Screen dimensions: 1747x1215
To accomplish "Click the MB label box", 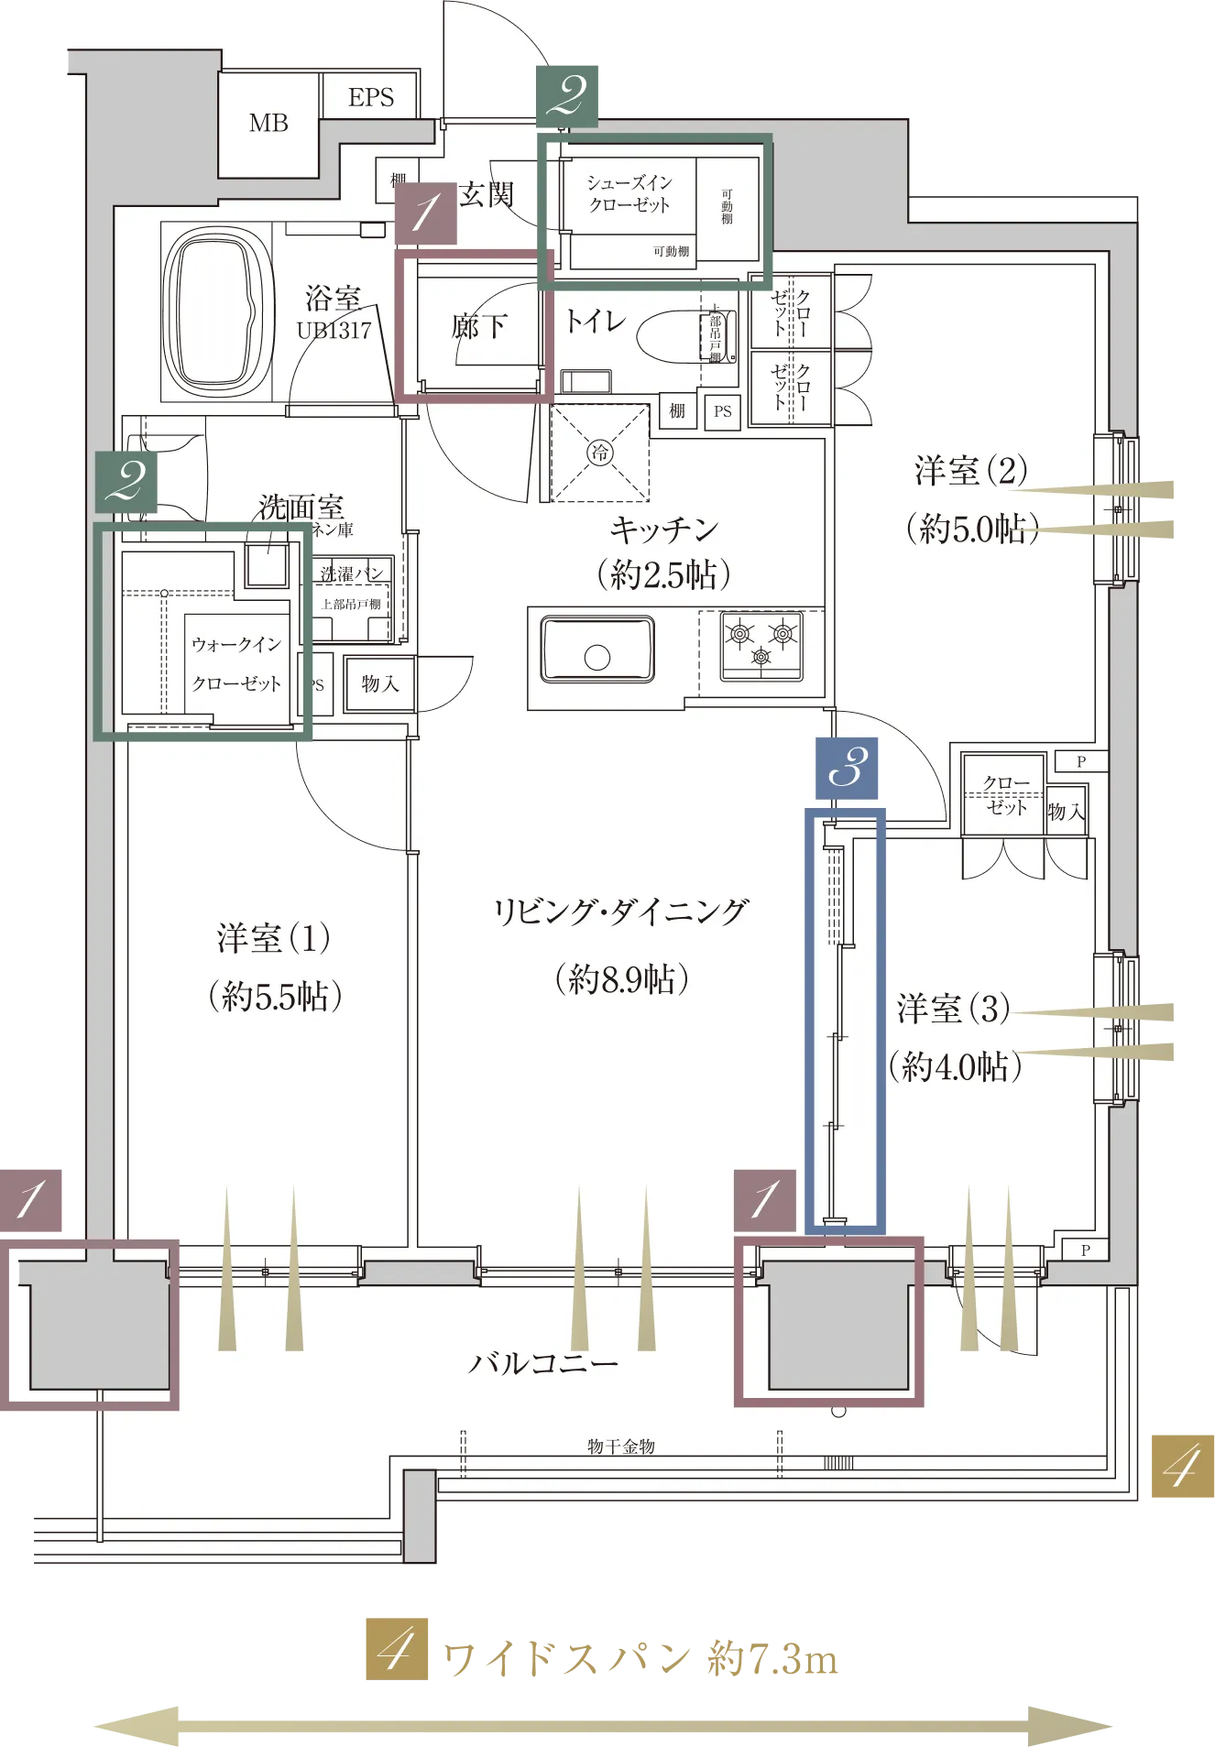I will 268,124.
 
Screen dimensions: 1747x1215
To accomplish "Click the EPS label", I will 371,97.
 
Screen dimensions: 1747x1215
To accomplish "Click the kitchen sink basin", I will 597,650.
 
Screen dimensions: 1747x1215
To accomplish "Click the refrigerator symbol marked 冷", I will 599,453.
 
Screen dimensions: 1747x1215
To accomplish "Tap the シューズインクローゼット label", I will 629,194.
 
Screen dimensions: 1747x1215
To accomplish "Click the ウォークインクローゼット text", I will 236,664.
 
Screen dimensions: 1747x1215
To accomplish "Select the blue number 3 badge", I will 847,768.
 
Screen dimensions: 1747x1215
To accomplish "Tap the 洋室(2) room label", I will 971,471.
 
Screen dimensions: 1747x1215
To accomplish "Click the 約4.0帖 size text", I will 955,1066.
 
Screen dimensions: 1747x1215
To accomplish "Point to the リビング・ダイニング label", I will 621,912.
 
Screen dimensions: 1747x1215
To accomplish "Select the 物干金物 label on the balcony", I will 621,1447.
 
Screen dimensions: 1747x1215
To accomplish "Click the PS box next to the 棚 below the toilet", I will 723,411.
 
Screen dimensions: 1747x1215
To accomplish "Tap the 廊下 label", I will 478,326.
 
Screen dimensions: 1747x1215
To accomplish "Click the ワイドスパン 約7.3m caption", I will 640,1661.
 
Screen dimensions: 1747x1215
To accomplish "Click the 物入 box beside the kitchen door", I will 379,683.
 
